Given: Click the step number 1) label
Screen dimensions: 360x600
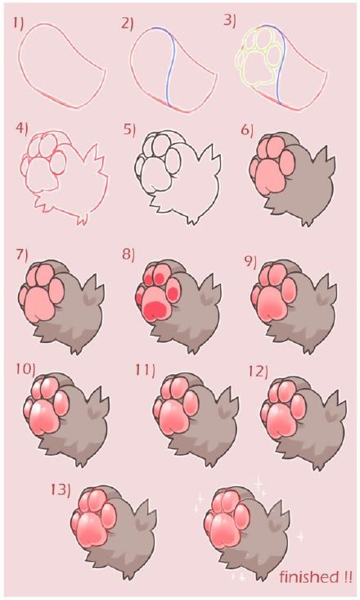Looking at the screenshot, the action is tap(19, 25).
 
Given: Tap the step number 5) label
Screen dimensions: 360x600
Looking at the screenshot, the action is tap(129, 129).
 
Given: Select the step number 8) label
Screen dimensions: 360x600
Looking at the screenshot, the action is tap(128, 254).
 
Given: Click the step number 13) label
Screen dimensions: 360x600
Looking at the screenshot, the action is tap(60, 489).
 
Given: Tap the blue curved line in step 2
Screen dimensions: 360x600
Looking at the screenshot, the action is tap(169, 65).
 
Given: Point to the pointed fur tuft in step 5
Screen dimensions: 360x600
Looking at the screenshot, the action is tap(214, 155).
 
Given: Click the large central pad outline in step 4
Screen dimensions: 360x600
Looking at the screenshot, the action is tap(40, 174).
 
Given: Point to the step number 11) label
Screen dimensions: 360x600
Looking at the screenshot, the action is tap(145, 371).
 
